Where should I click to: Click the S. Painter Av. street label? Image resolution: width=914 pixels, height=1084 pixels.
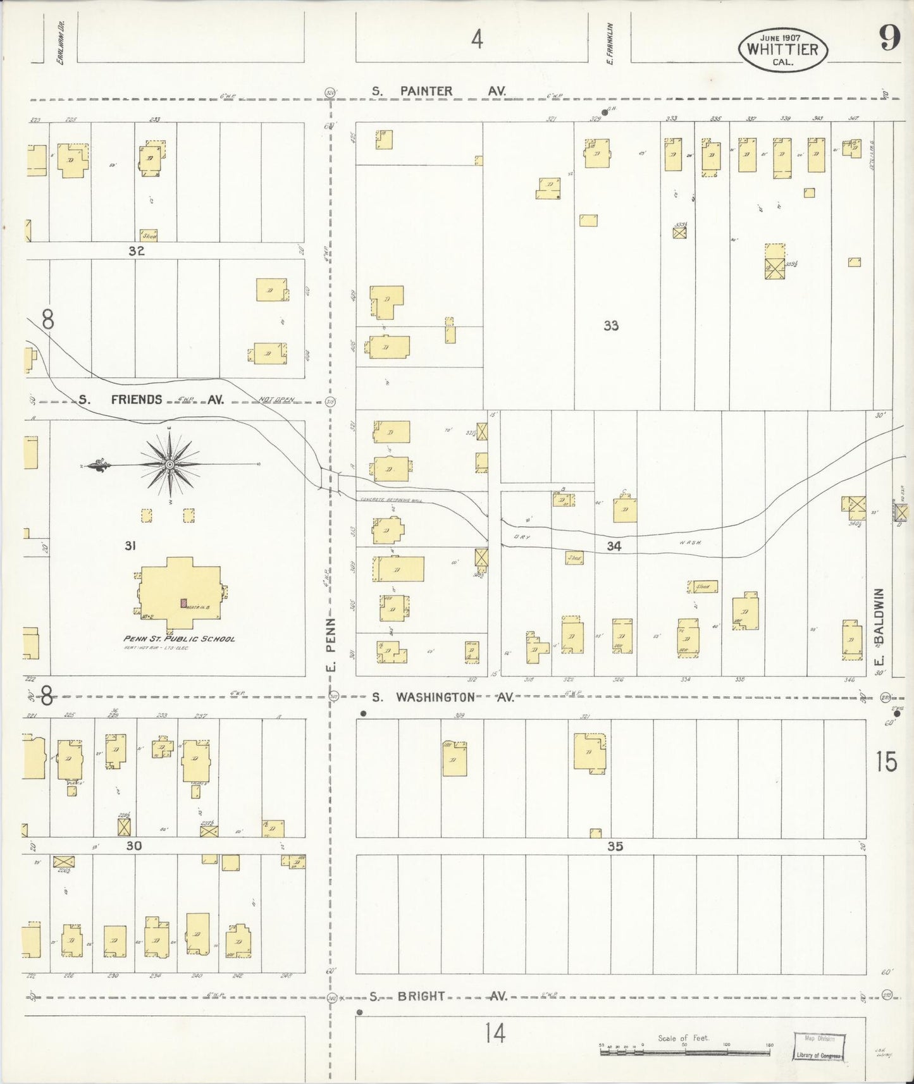point(438,91)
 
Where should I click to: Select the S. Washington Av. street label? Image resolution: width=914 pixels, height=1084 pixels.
point(442,697)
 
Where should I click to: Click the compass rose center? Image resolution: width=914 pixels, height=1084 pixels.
point(170,465)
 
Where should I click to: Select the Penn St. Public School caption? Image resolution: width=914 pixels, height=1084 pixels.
point(179,639)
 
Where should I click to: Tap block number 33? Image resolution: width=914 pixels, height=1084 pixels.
point(610,326)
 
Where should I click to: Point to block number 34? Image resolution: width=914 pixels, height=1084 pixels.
point(614,546)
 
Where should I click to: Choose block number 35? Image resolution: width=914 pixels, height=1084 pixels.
point(615,846)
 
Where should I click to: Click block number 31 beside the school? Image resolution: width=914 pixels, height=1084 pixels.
point(130,545)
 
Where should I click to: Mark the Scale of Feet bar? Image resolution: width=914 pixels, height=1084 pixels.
point(686,1052)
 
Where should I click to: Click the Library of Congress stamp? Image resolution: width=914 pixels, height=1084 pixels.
point(819,1048)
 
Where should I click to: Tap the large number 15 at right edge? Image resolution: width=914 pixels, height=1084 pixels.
point(886,761)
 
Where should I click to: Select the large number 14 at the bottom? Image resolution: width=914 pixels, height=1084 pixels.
point(495,1033)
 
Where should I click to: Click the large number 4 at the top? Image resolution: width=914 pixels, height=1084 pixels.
point(477,39)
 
